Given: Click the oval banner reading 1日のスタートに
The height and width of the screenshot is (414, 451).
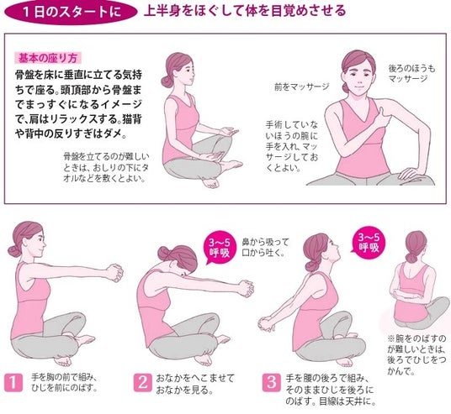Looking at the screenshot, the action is click(x=71, y=12).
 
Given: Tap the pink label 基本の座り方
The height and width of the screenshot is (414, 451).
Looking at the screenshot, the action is click(x=48, y=58).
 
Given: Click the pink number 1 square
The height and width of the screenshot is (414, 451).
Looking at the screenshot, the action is click(x=13, y=382).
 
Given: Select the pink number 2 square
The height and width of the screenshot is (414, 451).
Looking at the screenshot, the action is click(x=142, y=382).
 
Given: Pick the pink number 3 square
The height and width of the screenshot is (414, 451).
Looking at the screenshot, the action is click(x=271, y=382).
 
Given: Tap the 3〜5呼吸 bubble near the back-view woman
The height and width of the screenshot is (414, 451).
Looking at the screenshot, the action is click(x=369, y=243).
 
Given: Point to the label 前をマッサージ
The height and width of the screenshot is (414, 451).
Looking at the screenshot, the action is click(x=302, y=86).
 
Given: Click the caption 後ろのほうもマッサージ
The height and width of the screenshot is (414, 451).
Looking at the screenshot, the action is click(x=412, y=74).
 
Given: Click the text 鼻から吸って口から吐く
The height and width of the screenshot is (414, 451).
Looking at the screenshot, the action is click(x=265, y=248).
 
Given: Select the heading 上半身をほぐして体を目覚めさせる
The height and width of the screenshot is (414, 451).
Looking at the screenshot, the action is click(x=245, y=11).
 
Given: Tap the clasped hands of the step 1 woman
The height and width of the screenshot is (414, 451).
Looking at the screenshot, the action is click(x=115, y=272).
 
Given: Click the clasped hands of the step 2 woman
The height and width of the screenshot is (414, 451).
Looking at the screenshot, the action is click(x=246, y=288).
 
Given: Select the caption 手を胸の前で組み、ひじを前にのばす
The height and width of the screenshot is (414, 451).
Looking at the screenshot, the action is click(x=65, y=382).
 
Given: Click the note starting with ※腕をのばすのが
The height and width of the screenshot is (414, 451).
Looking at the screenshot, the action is click(x=417, y=355).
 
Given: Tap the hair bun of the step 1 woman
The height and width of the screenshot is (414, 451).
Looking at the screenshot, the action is click(x=14, y=251).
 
